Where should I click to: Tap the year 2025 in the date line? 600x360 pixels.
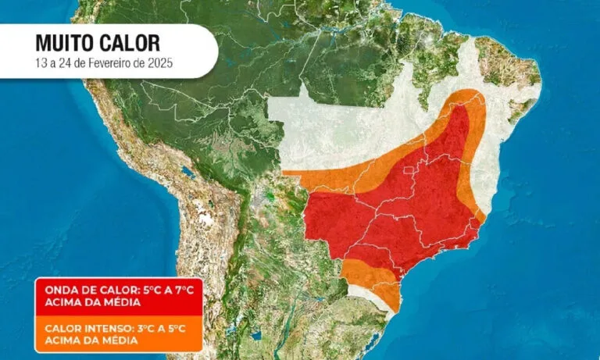click(x=158, y=62)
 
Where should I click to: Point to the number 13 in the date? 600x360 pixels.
click(x=41, y=62)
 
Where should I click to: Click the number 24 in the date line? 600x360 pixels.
click(x=65, y=62)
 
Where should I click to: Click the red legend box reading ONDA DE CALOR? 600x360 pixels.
click(x=116, y=296)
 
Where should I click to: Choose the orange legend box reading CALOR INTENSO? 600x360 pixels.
click(x=116, y=334)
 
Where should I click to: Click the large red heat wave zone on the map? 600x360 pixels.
click(x=391, y=211)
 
